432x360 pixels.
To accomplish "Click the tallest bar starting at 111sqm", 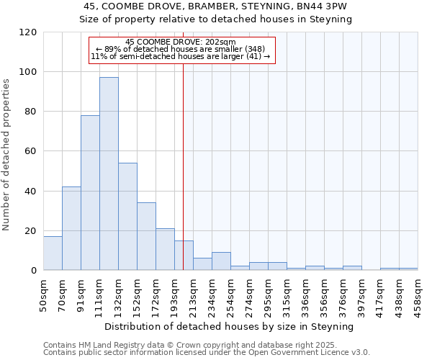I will [x=109, y=174].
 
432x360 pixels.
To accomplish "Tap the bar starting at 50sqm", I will [x=53, y=253].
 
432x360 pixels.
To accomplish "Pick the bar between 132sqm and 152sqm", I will [x=127, y=217].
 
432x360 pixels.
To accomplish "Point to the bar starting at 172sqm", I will [x=165, y=249].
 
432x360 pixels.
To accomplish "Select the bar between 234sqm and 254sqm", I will [x=221, y=261].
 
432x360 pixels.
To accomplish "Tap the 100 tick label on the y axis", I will [x=28, y=72].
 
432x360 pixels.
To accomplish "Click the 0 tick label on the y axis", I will [x=34, y=271].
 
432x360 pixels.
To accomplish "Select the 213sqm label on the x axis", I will [x=193, y=293].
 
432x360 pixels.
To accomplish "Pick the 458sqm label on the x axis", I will [x=418, y=293].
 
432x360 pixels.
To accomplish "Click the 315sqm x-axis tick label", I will [x=287, y=293].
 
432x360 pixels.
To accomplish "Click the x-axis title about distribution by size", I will [x=230, y=326].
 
